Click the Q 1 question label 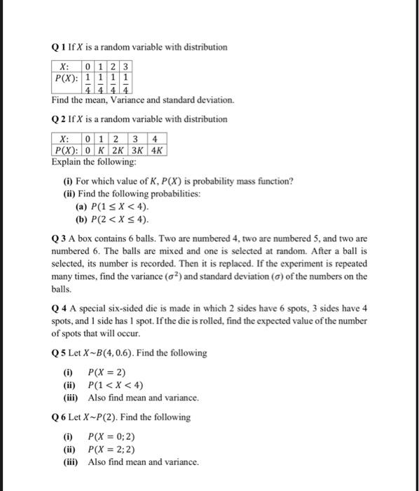[58, 47]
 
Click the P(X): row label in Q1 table [67, 77]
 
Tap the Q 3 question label [58, 238]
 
